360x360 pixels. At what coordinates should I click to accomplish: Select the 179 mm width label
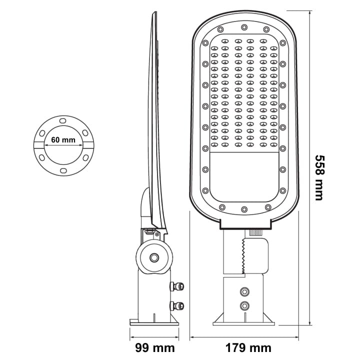point(247,347)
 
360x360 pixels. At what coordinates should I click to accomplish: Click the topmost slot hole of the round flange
point(62,121)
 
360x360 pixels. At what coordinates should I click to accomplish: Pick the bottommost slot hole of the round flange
point(62,170)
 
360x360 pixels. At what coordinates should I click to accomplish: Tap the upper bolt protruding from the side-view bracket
point(177,286)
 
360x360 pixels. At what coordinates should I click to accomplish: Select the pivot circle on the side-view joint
point(154,257)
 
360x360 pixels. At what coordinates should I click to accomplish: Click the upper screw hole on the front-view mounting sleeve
point(244,291)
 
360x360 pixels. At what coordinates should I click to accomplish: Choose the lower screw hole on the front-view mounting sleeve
point(244,306)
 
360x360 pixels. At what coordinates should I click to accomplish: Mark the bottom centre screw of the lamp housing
point(244,209)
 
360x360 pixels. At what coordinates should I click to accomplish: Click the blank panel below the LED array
point(243,174)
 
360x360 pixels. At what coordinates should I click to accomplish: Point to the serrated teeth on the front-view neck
point(243,255)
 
